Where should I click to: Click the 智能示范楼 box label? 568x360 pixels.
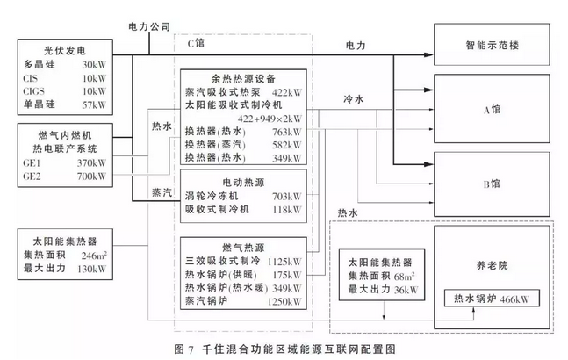coord(492,46)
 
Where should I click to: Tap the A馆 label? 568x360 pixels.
coord(492,110)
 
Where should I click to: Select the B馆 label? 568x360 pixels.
coord(492,184)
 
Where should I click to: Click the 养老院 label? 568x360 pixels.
coord(492,265)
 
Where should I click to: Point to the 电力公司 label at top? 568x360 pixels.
coord(149,26)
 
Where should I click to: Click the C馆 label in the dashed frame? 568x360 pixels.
coord(196,43)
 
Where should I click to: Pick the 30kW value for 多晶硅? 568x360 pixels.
coord(94,65)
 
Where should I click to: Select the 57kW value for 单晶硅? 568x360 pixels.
coord(94,105)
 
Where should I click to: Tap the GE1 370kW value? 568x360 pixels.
coord(91,163)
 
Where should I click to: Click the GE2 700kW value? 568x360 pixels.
coord(91,176)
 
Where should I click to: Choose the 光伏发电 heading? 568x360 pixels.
coord(65,51)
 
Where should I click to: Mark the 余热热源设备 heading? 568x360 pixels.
coord(243,79)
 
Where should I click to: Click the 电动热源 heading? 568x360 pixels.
coord(243,182)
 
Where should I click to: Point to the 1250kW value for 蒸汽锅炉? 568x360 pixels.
coord(284,301)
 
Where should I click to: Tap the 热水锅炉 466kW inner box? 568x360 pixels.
coord(492,299)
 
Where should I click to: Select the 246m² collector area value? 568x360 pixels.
coord(94,256)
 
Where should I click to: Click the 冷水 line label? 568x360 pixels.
coord(354,99)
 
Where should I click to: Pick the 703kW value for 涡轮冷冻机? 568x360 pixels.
coord(287,197)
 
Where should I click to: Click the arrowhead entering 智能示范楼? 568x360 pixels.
coord(429,55)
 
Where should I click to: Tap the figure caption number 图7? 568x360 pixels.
coord(184,349)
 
